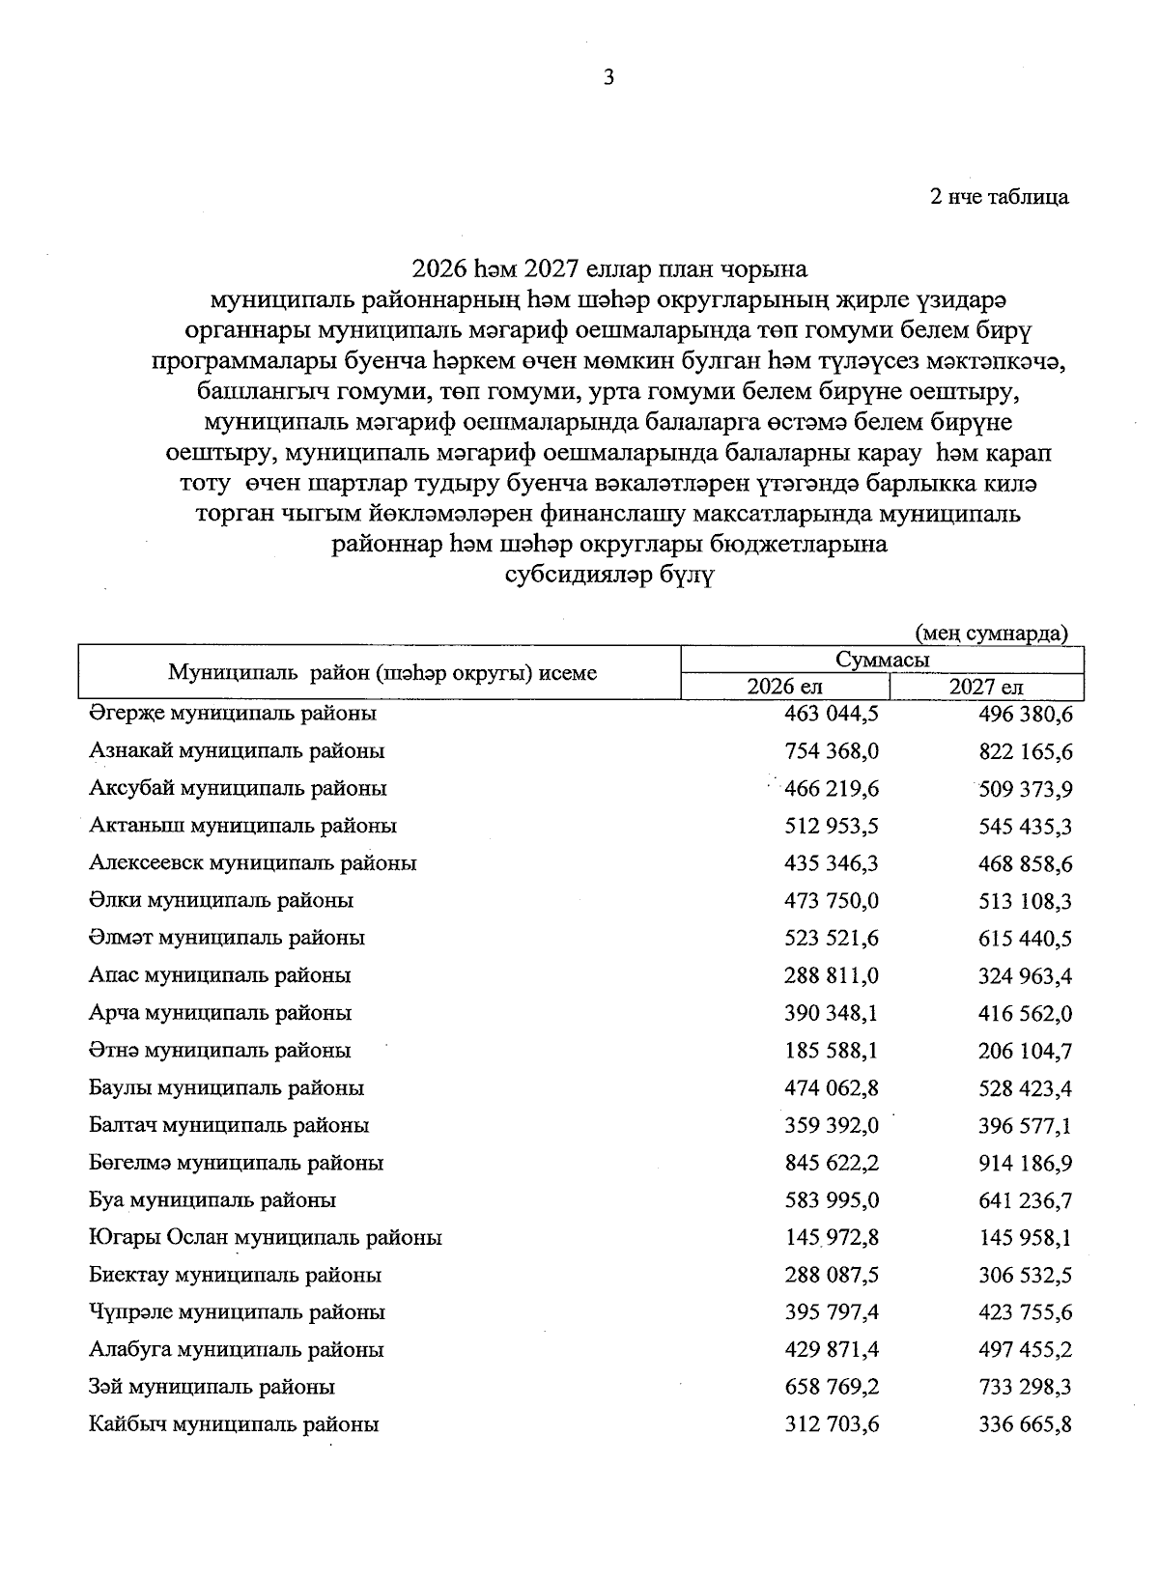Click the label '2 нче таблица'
(999, 197)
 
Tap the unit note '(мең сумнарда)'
(991, 634)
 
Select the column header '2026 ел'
(784, 687)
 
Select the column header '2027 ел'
(986, 687)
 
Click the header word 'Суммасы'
(882, 661)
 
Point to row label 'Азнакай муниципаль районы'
(237, 750)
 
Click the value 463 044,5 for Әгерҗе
(832, 714)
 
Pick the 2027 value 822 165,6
(1026, 751)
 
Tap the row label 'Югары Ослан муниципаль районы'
(266, 1237)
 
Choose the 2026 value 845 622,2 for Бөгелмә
(832, 1163)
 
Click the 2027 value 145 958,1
(1026, 1238)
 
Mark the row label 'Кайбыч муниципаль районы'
(234, 1423)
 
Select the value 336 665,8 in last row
(1026, 1424)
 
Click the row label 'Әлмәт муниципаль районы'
(227, 938)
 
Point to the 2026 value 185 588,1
(832, 1051)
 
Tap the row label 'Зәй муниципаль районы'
(212, 1387)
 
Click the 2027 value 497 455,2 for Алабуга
(1026, 1350)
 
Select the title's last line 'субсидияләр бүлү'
(609, 575)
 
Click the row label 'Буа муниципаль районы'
(212, 1200)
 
